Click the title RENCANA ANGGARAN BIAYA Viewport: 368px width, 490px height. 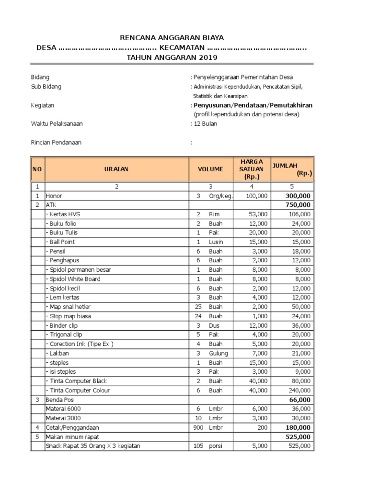[x=172, y=38]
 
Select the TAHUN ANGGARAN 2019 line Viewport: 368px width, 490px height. [x=172, y=57]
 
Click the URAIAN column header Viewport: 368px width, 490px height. [x=116, y=169]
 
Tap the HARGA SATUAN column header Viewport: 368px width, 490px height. [x=252, y=169]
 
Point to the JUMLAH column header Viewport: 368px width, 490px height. [x=291, y=169]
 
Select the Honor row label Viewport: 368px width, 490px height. [x=54, y=196]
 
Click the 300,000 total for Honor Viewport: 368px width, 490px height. [x=298, y=196]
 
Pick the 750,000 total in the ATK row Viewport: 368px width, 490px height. [x=298, y=205]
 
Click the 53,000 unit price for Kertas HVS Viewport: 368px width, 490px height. [x=258, y=214]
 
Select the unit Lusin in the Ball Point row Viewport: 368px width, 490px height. [x=216, y=242]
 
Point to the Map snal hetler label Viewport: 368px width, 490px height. [x=68, y=307]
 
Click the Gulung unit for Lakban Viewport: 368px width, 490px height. [x=218, y=353]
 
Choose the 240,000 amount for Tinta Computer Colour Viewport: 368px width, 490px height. [x=299, y=390]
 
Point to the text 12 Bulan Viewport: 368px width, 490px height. [x=205, y=123]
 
